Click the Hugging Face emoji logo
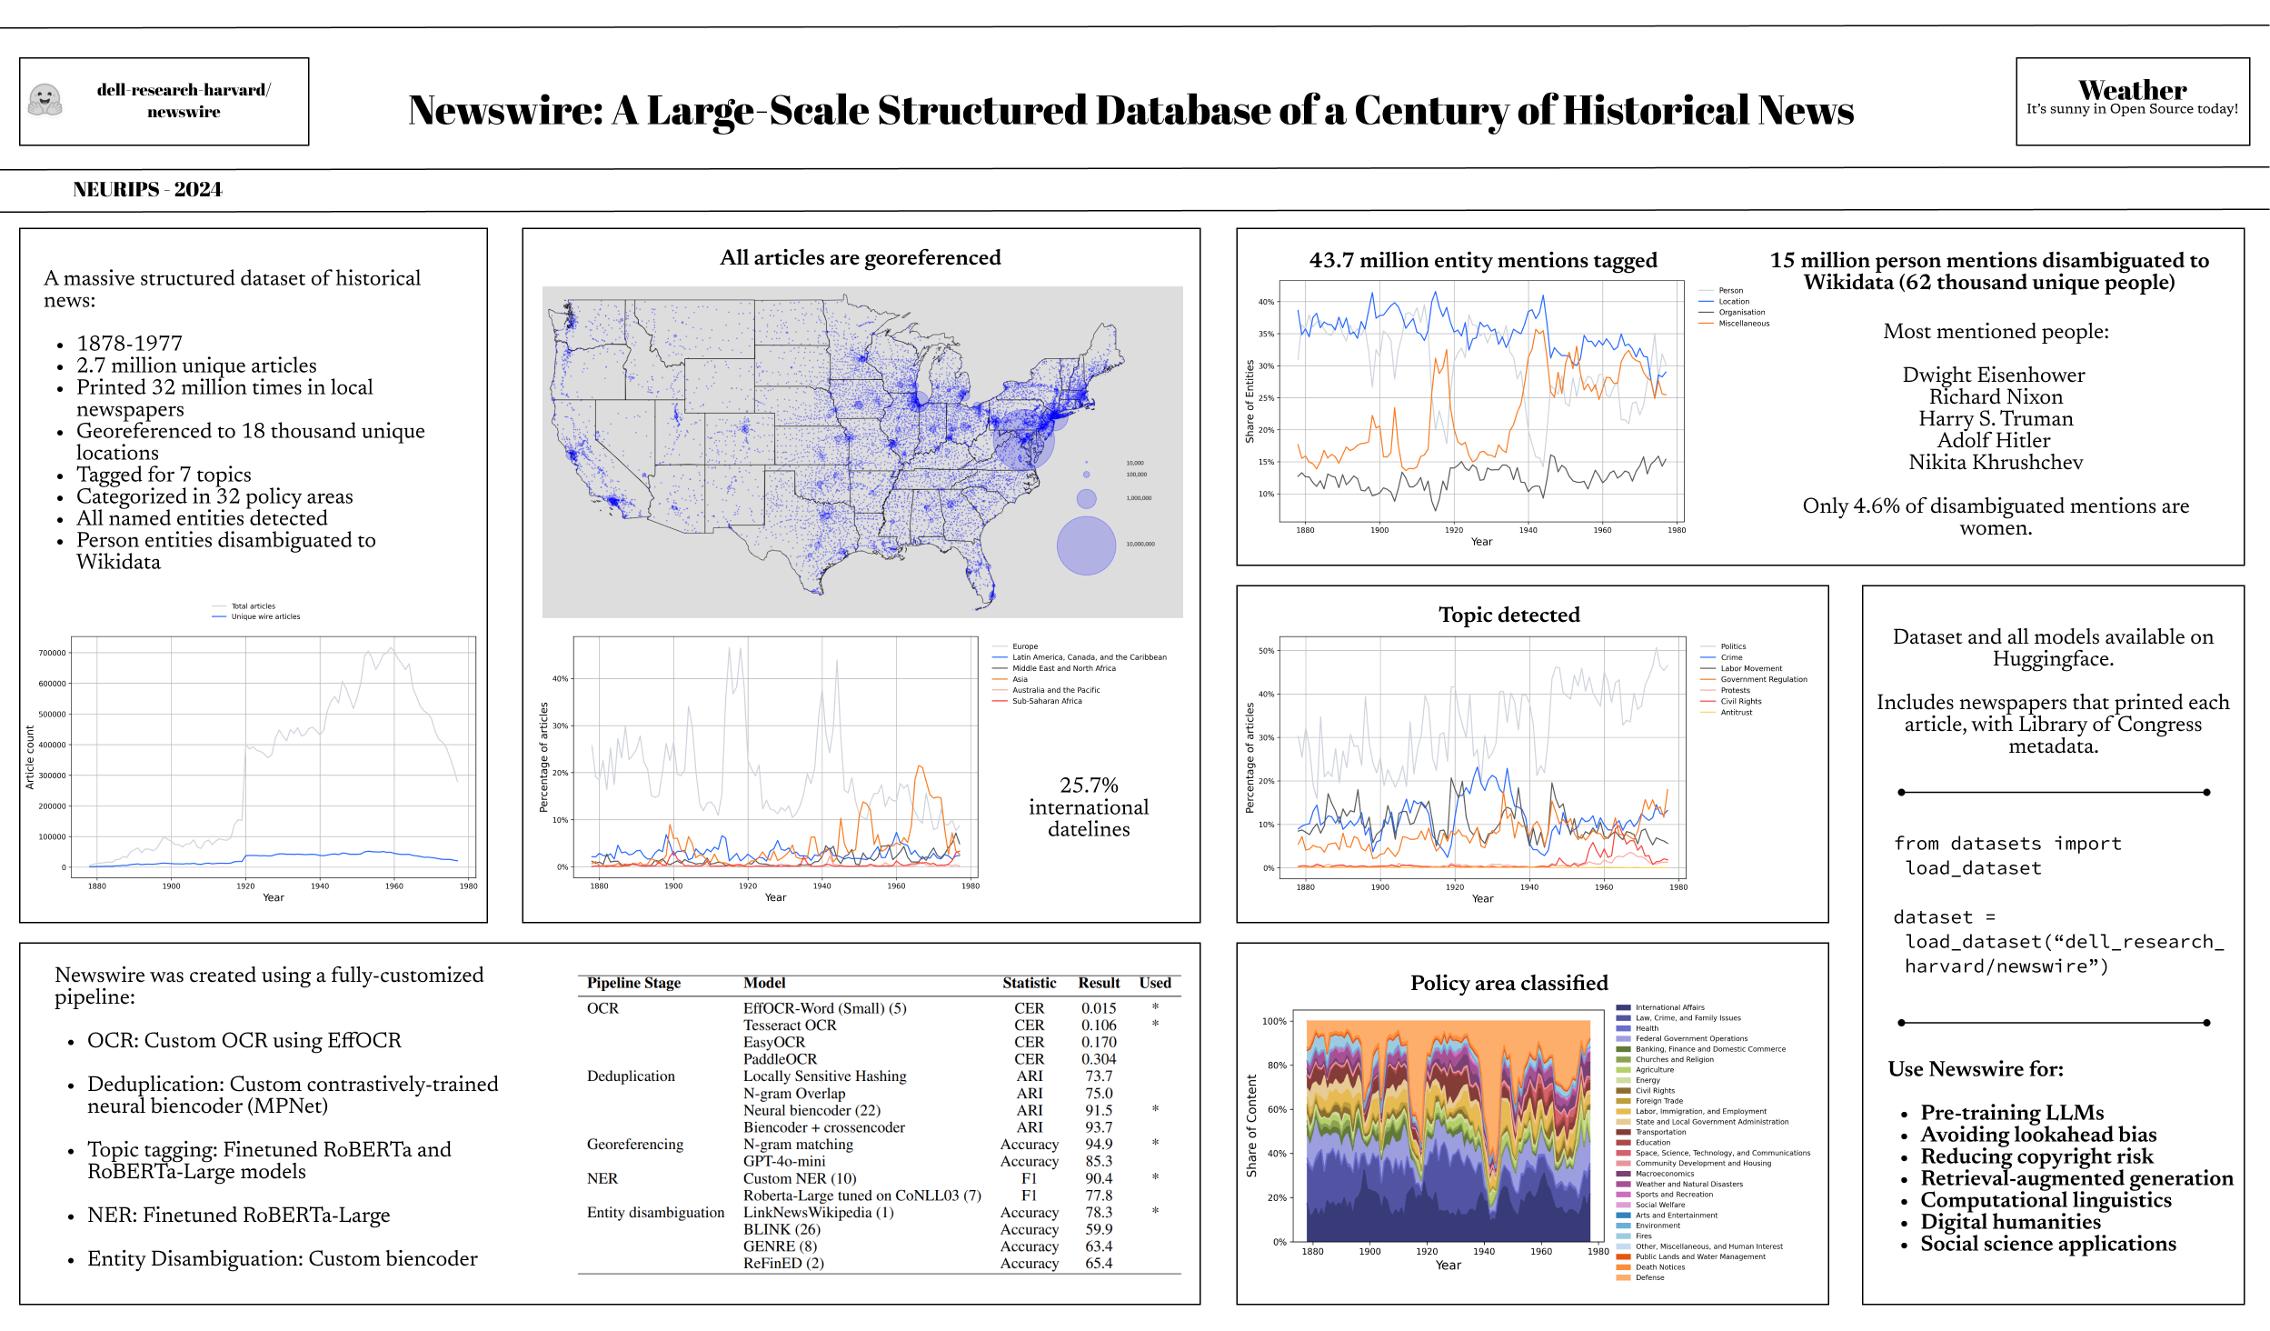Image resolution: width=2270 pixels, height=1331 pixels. click(x=45, y=100)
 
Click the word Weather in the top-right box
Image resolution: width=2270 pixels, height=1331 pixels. click(x=2132, y=90)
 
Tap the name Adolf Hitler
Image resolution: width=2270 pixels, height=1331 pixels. click(x=1994, y=441)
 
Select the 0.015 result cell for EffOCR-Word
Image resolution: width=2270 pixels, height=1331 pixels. click(x=1098, y=1008)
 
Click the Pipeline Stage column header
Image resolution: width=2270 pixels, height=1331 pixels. click(x=633, y=983)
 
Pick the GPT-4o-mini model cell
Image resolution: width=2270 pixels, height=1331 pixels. click(x=784, y=1161)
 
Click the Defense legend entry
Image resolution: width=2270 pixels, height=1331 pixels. click(x=1649, y=1277)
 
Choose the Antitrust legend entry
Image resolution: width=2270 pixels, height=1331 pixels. click(x=1736, y=712)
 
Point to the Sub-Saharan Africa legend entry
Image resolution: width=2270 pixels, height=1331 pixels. click(x=1047, y=701)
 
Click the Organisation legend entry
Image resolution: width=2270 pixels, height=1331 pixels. click(x=1741, y=312)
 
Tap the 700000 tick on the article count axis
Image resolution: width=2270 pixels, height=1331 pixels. click(x=52, y=653)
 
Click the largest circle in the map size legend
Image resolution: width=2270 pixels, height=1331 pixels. click(x=1086, y=545)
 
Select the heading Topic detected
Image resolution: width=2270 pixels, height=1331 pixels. click(x=1508, y=615)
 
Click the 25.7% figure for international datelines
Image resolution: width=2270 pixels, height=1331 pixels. click(x=1089, y=785)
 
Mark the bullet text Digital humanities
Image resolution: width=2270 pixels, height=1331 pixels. click(x=2010, y=1222)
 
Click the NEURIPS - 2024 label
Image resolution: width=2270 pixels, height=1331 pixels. click(x=147, y=189)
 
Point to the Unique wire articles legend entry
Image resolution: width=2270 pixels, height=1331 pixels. click(x=265, y=616)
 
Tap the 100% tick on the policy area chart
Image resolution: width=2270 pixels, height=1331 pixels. click(x=1274, y=1021)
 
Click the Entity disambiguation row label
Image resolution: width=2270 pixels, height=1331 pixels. click(x=655, y=1212)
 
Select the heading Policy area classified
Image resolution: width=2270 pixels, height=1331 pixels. click(x=1508, y=983)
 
